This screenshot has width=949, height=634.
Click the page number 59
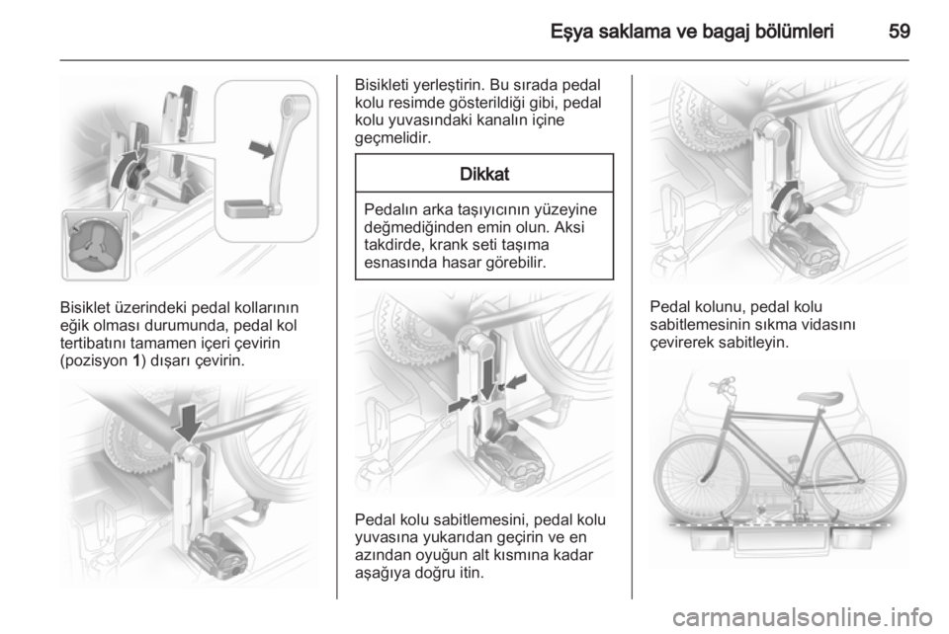[899, 31]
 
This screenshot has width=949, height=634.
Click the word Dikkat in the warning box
[484, 174]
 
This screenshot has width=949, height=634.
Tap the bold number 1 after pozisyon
[135, 360]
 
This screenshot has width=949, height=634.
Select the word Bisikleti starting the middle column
[383, 84]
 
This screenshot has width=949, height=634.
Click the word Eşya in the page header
[570, 32]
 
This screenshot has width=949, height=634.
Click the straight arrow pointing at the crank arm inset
[262, 147]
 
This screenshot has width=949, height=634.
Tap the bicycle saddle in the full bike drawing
[820, 398]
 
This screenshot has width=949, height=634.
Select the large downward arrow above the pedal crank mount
[188, 423]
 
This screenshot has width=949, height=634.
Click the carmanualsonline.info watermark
[802, 617]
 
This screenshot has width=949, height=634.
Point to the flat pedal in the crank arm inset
[246, 208]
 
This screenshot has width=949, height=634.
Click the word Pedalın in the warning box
[388, 209]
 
